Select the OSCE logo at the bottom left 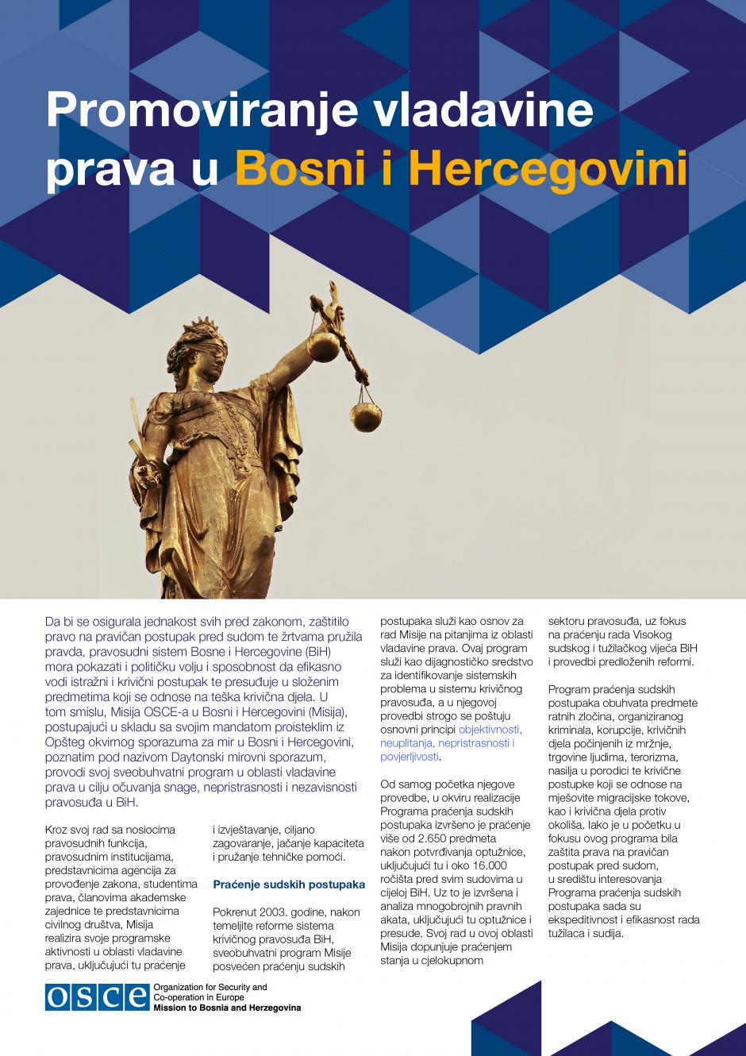click(96, 996)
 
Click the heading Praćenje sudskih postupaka click(289, 884)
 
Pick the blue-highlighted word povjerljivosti click(410, 757)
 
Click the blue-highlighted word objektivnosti click(490, 729)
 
